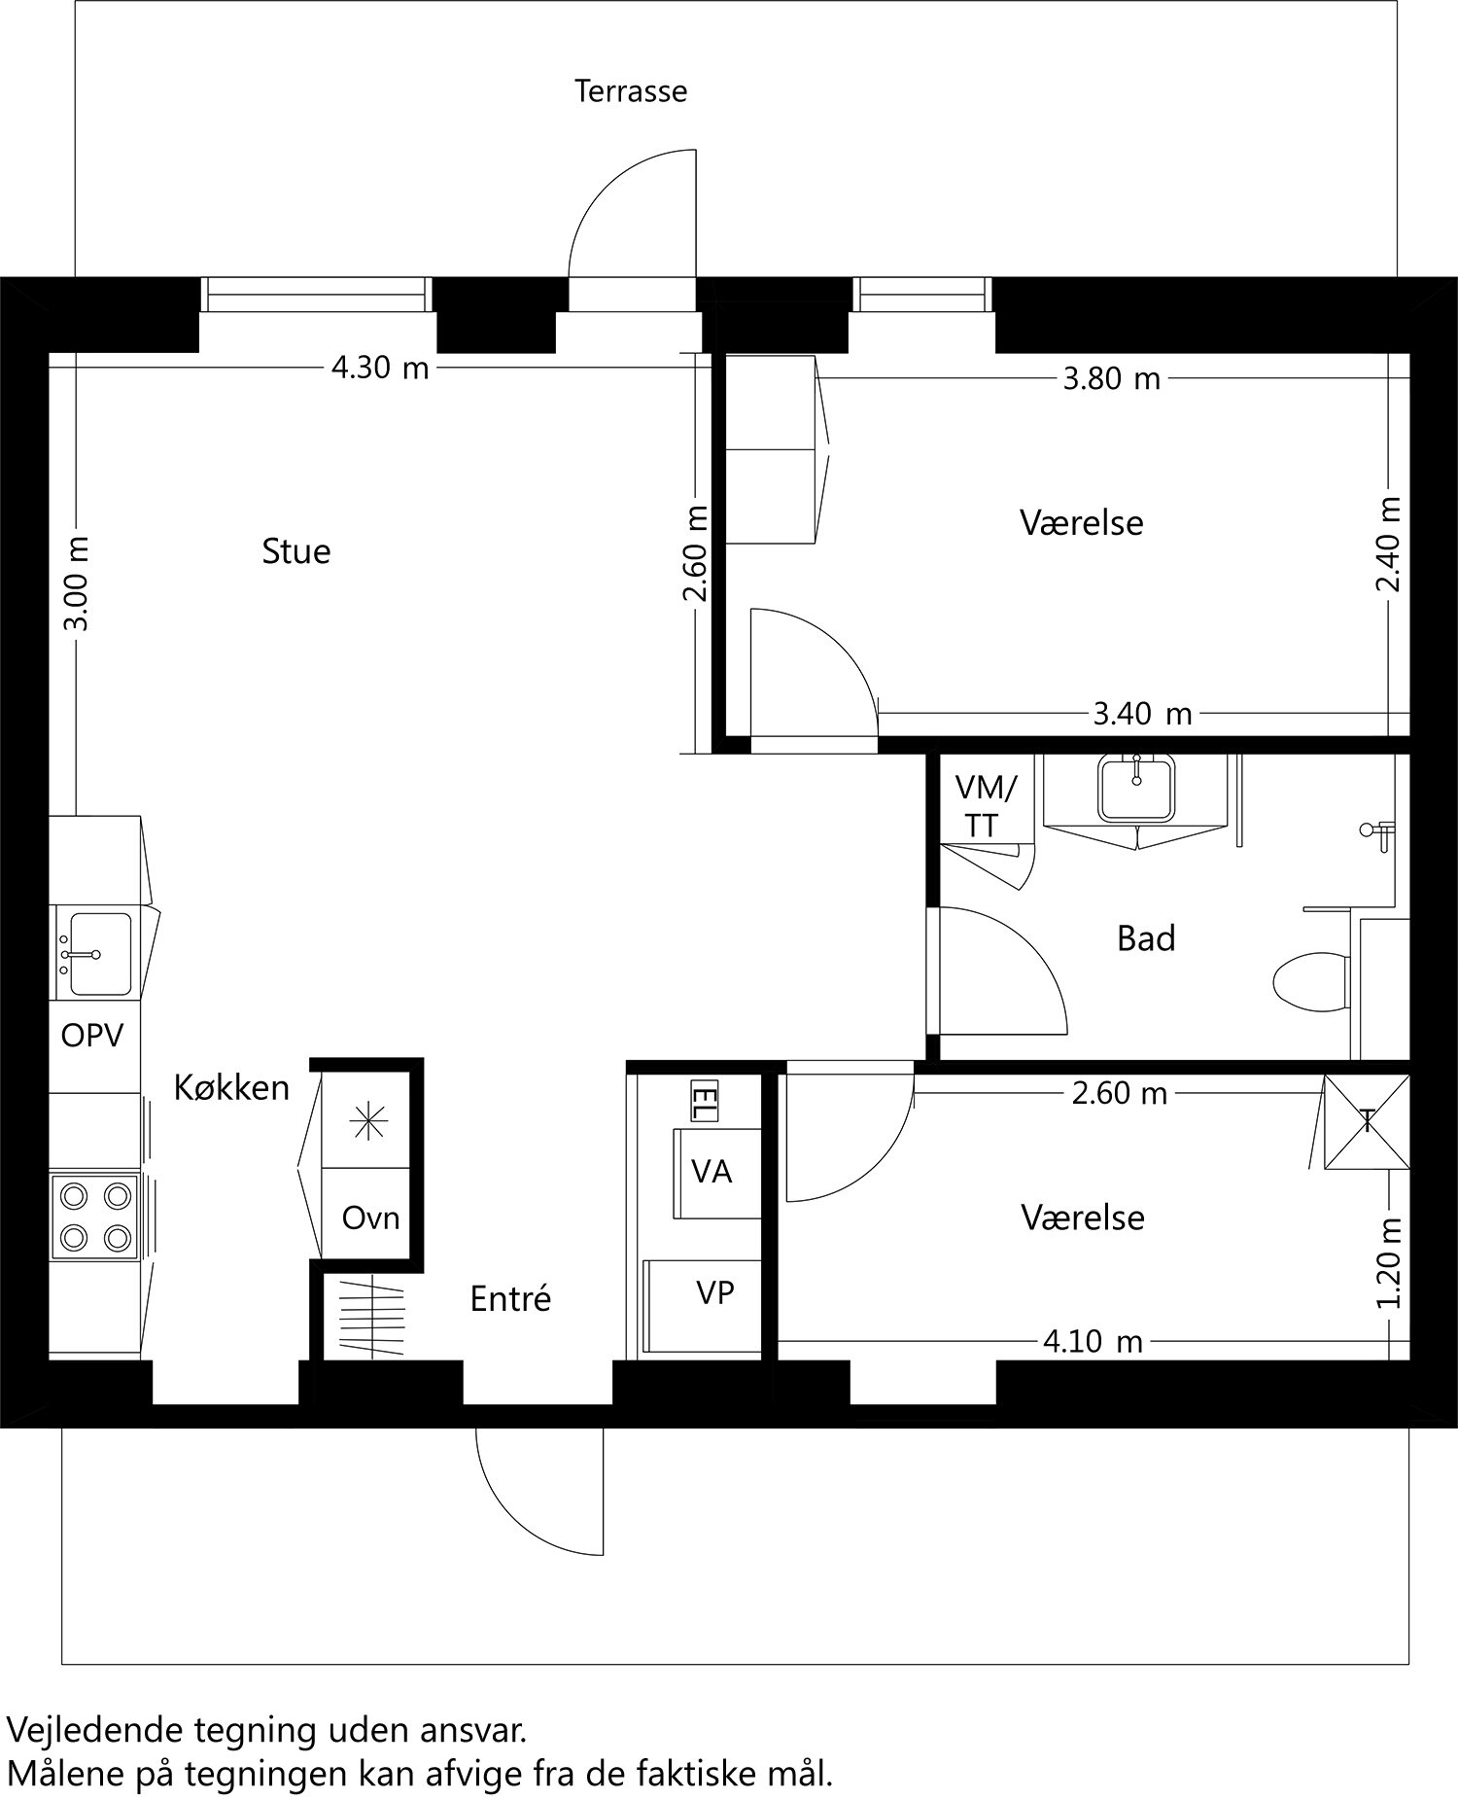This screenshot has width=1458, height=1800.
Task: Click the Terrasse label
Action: pos(630,91)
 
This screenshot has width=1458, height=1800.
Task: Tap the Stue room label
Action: pos(295,551)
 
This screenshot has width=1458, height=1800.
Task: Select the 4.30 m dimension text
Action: pos(380,369)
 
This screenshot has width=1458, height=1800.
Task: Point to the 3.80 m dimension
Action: pos(1111,378)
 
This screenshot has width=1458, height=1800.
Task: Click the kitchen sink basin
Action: pos(99,954)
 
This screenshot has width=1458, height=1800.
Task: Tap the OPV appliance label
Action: pos(92,1036)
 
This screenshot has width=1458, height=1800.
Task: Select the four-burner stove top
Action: pos(95,1216)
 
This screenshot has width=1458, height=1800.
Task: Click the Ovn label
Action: pos(370,1218)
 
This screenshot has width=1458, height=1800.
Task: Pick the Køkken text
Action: pos(231,1087)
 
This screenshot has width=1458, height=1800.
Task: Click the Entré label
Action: pos(510,1298)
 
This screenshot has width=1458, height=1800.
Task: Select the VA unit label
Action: pos(712,1172)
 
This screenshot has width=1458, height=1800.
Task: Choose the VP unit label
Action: pos(714,1292)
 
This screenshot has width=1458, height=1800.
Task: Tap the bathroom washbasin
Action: pos(1135,788)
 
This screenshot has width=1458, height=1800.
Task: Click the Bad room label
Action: pos(1146,938)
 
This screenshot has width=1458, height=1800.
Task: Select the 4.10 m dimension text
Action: pos(1092,1342)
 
